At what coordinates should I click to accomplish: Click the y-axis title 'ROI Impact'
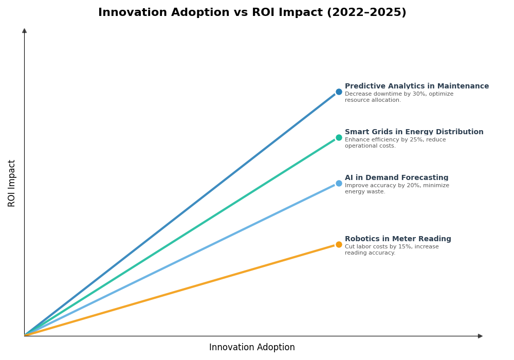point(12,183)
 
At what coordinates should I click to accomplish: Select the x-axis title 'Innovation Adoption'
point(252,348)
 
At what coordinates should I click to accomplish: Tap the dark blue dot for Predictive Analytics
point(339,92)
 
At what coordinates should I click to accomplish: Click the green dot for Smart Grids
point(339,138)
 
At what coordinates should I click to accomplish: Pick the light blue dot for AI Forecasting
point(339,184)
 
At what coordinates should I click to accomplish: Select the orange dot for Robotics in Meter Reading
point(339,245)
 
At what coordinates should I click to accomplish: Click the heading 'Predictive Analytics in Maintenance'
point(416,86)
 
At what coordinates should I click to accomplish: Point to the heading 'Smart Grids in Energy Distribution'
point(414,132)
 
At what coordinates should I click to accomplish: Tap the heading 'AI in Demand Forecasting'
point(396,178)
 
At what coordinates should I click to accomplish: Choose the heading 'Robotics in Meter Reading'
point(398,239)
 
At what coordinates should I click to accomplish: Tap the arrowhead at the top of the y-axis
point(24,31)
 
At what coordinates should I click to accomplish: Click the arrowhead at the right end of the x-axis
point(480,336)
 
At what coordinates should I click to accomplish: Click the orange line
point(180,290)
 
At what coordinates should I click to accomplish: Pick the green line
point(180,237)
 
